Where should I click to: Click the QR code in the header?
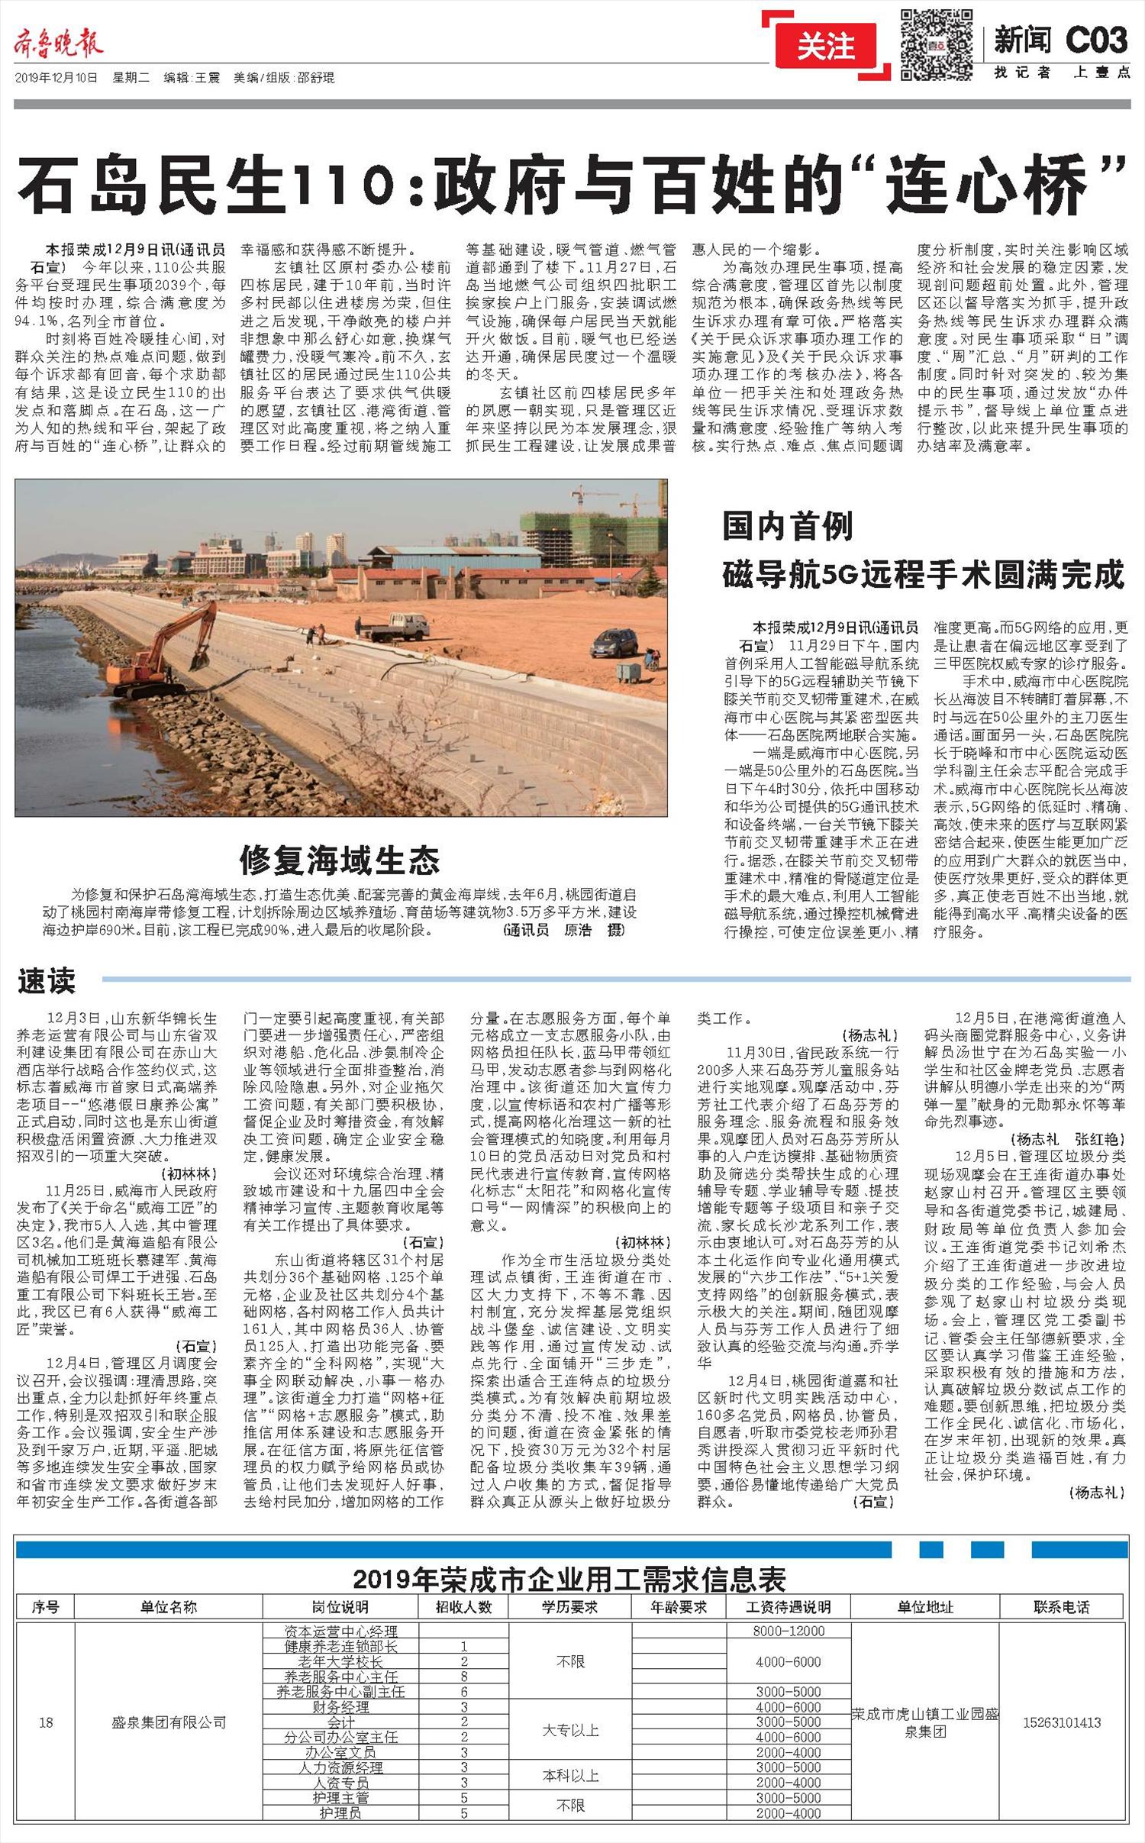click(x=936, y=44)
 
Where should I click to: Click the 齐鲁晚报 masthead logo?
click(x=59, y=45)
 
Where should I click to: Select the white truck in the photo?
click(x=397, y=627)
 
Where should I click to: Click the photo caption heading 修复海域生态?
click(x=340, y=861)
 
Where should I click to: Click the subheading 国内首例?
click(x=788, y=527)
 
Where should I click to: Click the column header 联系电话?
click(x=1061, y=1607)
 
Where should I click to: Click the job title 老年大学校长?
click(x=340, y=1661)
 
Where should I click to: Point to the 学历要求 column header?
click(x=569, y=1607)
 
